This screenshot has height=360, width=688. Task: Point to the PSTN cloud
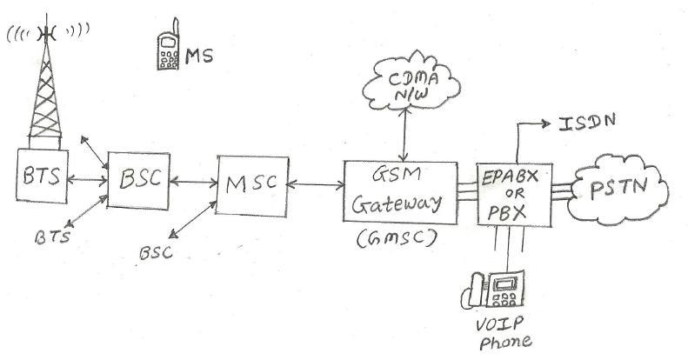coord(612,187)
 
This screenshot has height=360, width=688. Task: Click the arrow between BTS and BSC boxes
coord(87,180)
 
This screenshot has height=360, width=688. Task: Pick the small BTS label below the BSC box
coord(54,236)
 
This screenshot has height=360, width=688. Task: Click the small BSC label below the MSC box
coord(156,252)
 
